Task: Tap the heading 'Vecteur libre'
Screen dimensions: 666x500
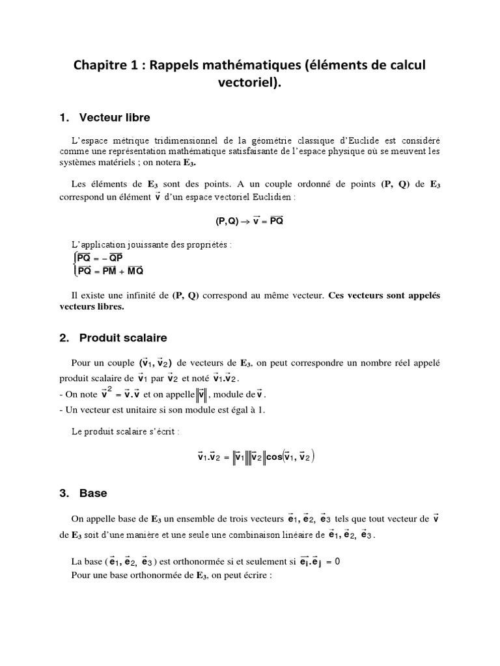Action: click(115, 118)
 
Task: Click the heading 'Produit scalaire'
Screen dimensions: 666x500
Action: click(123, 338)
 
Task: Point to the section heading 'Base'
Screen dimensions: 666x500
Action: click(93, 494)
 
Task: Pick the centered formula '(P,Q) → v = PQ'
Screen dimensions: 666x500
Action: click(249, 220)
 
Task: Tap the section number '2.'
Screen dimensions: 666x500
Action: click(64, 338)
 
